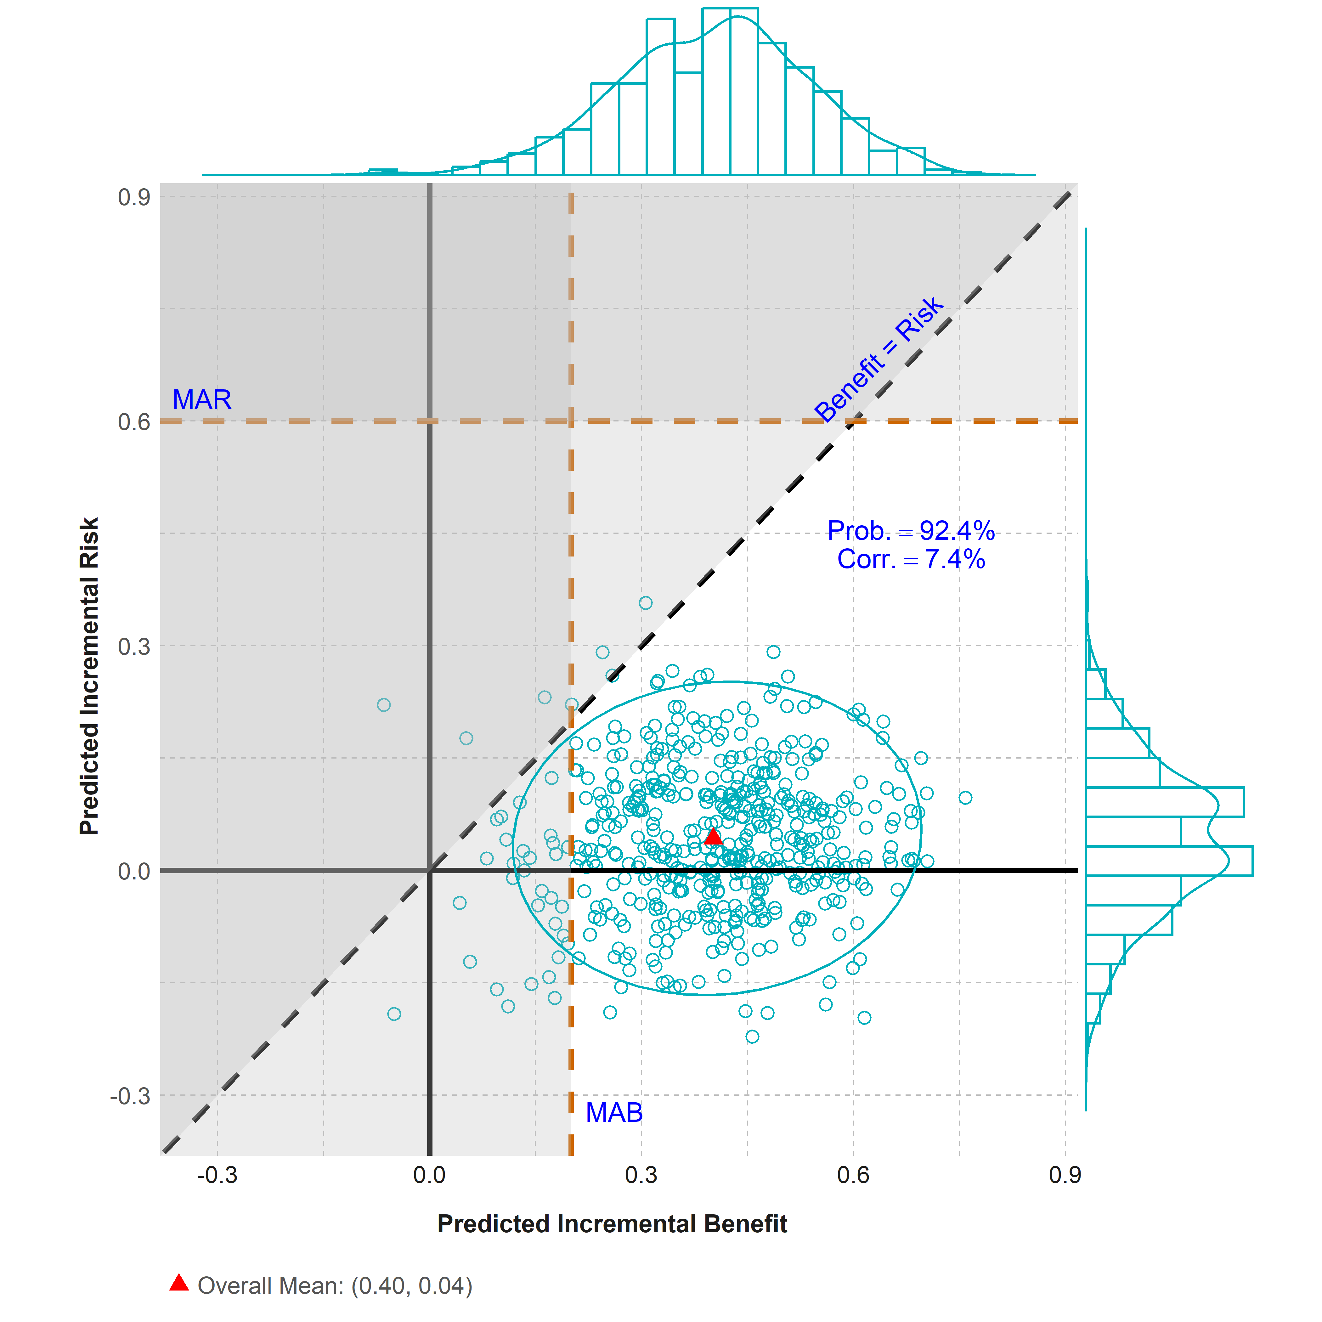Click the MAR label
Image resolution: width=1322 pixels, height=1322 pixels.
[x=202, y=400]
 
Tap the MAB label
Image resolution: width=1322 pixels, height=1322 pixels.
[x=614, y=1113]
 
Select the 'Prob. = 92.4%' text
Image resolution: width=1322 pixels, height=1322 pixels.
[x=911, y=531]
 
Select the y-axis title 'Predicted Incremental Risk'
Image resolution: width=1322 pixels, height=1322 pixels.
[x=90, y=676]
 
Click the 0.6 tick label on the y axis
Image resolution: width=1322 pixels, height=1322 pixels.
[x=134, y=421]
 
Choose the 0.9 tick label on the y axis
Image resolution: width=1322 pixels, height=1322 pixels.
[x=134, y=197]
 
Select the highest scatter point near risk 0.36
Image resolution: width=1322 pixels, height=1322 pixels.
[x=645, y=603]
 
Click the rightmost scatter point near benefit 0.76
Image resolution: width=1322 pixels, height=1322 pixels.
[x=965, y=797]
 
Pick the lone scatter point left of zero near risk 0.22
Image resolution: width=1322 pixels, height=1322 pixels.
[x=384, y=705]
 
